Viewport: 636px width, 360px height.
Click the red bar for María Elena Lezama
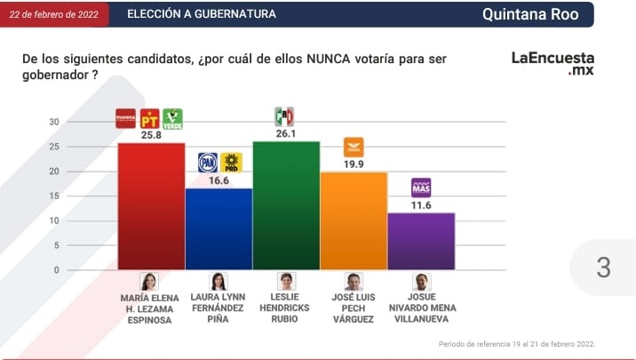click(x=151, y=205)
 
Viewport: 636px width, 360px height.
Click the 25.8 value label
click(x=151, y=136)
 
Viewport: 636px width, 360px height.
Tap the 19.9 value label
click(x=354, y=164)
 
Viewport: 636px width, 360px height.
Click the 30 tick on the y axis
click(x=53, y=122)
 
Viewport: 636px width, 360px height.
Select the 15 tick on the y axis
click(x=53, y=196)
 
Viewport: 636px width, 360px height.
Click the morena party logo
click(x=126, y=118)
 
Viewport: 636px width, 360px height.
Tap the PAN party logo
click(x=208, y=162)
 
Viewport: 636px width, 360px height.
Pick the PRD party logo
click(x=231, y=162)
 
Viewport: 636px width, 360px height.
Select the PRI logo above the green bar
click(x=284, y=116)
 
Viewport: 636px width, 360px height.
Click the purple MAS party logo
click(x=421, y=188)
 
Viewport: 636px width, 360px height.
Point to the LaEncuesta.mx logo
click(x=553, y=62)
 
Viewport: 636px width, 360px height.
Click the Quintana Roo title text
click(x=530, y=14)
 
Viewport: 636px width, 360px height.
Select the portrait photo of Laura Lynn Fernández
click(x=219, y=281)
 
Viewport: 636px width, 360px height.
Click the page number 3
click(x=604, y=267)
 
